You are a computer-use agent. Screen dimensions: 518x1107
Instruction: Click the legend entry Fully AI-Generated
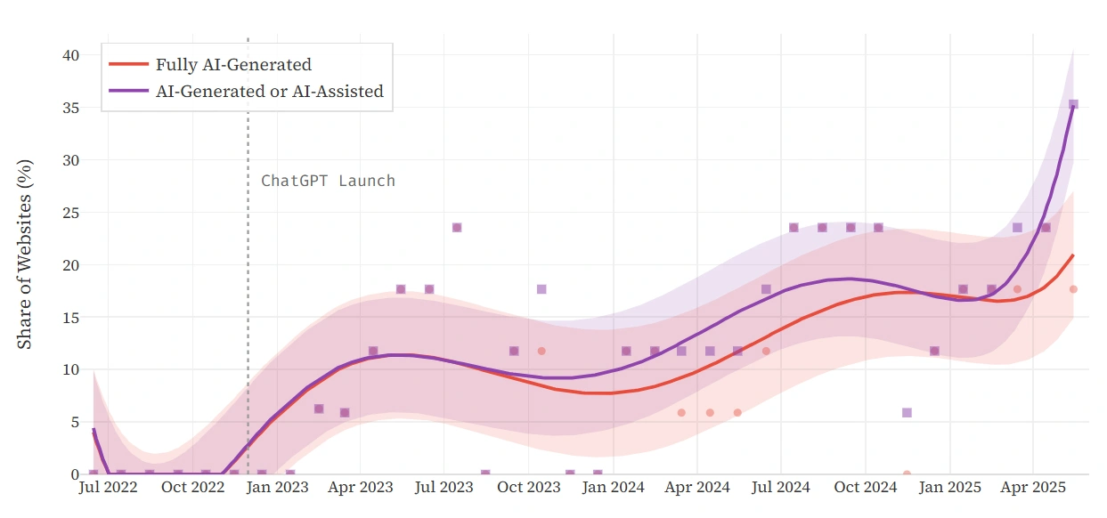(x=233, y=64)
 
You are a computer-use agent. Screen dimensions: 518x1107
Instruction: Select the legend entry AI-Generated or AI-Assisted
(x=269, y=91)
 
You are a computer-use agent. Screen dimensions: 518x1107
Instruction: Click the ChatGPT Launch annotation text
(x=328, y=181)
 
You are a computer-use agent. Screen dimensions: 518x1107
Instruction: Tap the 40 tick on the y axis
(x=70, y=55)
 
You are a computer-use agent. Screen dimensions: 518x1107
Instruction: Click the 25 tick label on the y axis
(x=70, y=213)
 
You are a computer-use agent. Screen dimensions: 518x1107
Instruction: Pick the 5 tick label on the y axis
(x=75, y=422)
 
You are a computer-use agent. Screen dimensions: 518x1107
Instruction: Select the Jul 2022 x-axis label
(x=107, y=488)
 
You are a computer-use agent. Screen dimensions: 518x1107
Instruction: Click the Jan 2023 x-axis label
(x=276, y=488)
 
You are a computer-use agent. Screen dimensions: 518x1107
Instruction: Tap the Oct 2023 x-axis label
(x=529, y=488)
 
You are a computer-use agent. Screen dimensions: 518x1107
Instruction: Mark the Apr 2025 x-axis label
(x=1033, y=488)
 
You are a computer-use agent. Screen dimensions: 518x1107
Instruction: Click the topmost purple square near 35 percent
(x=1073, y=105)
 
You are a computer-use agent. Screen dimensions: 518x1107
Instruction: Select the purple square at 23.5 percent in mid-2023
(x=457, y=228)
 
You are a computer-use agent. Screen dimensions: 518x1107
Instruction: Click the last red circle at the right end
(x=1073, y=289)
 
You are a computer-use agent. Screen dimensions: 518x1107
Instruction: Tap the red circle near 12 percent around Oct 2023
(x=541, y=351)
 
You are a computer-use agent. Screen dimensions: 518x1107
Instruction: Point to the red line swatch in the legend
(x=128, y=64)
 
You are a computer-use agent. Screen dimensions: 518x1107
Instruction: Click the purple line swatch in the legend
(x=128, y=91)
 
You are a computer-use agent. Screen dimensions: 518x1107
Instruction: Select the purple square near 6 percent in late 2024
(x=907, y=413)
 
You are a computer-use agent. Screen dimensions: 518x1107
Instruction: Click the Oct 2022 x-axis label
(x=192, y=488)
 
